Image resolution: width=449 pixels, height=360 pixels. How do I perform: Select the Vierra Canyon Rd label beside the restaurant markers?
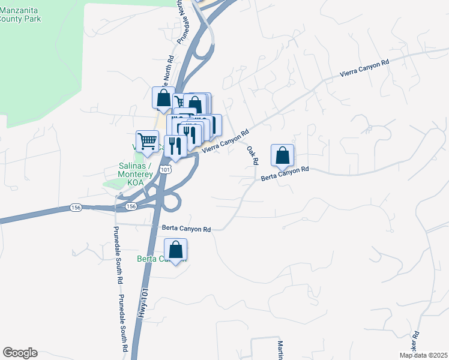(x=225, y=143)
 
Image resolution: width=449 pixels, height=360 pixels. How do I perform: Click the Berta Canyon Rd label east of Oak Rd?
(x=285, y=174)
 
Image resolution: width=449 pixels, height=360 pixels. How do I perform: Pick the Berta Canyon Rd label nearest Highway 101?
(x=187, y=229)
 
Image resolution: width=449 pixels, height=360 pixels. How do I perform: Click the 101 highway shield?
(x=166, y=170)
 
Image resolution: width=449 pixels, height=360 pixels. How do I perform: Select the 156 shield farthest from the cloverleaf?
(x=76, y=207)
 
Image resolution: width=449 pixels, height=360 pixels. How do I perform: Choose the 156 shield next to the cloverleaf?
(x=131, y=206)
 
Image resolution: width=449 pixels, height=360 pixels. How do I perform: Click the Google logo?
(x=20, y=353)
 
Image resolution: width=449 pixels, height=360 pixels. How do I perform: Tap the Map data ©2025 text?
(x=423, y=355)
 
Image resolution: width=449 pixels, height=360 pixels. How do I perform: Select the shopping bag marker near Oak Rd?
(x=282, y=156)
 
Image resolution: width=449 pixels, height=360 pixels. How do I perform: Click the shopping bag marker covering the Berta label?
(x=175, y=250)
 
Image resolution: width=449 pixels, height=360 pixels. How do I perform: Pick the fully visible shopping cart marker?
(x=147, y=142)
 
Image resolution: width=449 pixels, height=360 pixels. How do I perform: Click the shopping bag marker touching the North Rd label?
(x=163, y=98)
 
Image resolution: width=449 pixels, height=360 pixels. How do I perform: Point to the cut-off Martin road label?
(x=280, y=350)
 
